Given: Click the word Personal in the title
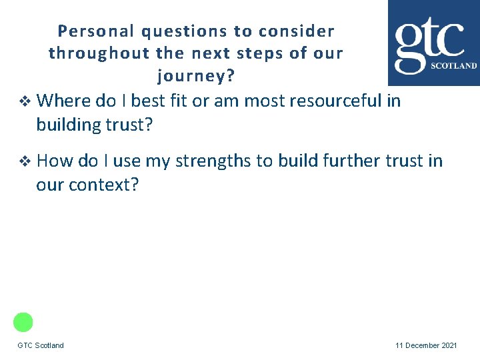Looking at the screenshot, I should click(86, 31).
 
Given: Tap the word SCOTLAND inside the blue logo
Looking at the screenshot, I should click(454, 66).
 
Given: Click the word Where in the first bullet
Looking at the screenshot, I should click(64, 101).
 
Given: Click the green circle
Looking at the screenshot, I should click(23, 322).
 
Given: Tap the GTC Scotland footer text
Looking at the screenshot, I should click(41, 345).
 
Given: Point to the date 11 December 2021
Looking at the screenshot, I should click(426, 345).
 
